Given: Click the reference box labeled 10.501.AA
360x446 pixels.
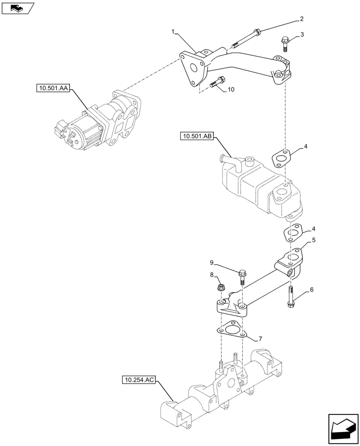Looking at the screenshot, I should click(x=53, y=89).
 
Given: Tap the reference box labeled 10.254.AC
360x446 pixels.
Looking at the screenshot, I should click(x=138, y=380).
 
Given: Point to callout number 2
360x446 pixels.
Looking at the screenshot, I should click(x=302, y=19).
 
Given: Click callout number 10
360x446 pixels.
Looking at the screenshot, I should click(x=230, y=90).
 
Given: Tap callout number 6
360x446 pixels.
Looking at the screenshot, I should click(x=311, y=290).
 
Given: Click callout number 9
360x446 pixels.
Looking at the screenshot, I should click(x=213, y=262).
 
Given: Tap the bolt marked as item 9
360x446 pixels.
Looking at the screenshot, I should click(x=243, y=276).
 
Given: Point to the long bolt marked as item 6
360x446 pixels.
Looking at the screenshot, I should click(x=290, y=296).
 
